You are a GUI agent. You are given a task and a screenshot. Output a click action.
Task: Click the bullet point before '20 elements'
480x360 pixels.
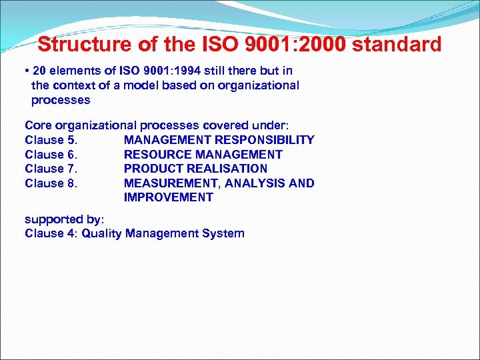pyautogui.click(x=26, y=71)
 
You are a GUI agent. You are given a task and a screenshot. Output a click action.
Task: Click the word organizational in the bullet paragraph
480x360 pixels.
pyautogui.click(x=259, y=85)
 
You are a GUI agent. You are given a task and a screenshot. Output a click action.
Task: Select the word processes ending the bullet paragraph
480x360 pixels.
pyautogui.click(x=61, y=100)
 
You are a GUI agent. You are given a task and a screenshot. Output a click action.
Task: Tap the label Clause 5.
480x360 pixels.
pyautogui.click(x=51, y=140)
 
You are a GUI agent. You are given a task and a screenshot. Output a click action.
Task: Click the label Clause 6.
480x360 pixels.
pyautogui.click(x=51, y=155)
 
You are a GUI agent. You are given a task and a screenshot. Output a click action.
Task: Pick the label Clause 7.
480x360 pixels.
pyautogui.click(x=51, y=169)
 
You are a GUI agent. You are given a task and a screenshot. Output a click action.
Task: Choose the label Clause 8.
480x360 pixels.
pyautogui.click(x=51, y=183)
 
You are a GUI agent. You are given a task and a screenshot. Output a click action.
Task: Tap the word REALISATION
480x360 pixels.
pyautogui.click(x=227, y=169)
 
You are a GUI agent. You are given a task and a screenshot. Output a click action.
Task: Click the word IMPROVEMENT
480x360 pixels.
pyautogui.click(x=168, y=197)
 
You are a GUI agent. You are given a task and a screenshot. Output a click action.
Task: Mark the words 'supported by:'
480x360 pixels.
pyautogui.click(x=64, y=219)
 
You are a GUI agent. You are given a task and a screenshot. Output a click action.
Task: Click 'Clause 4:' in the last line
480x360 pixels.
pyautogui.click(x=51, y=233)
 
